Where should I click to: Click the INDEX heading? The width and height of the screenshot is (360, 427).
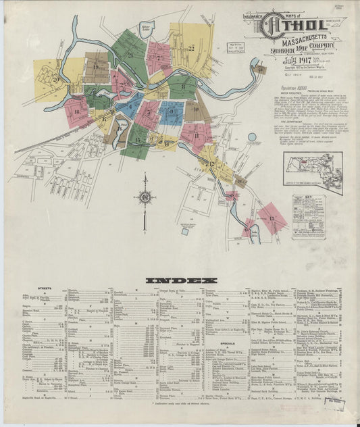coord(179,280)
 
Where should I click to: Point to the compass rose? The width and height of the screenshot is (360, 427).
coord(145,197)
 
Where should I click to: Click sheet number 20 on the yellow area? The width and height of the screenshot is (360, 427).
coord(56,80)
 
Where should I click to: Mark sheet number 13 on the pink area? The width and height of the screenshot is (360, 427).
coord(272,218)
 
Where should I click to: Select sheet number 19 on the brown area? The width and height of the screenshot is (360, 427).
coord(96,68)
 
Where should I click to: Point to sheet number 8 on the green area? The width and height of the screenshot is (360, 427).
coord(182,86)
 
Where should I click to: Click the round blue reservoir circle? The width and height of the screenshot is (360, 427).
coord(252,137)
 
